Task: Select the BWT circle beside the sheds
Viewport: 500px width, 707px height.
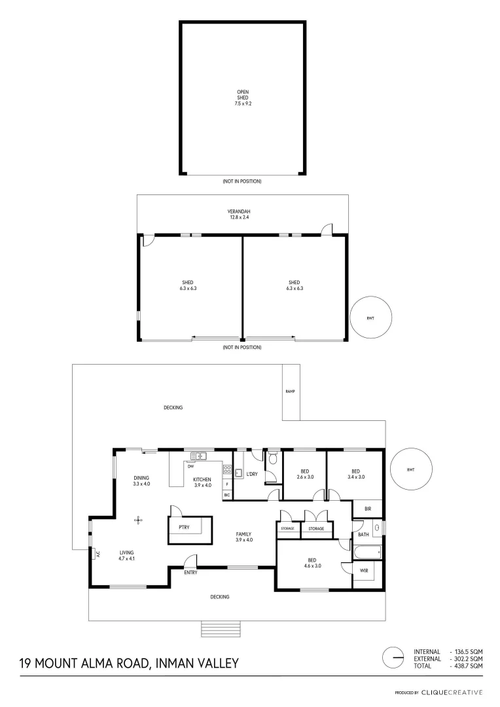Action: tap(371, 318)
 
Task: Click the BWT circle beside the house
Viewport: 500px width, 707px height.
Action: tap(411, 469)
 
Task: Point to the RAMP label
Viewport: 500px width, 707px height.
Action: tap(291, 391)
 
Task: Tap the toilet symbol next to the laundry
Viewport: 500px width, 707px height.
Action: tap(272, 456)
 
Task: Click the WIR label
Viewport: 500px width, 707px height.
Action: tap(364, 571)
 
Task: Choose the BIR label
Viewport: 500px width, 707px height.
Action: tap(368, 508)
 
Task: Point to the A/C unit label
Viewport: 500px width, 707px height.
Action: tap(97, 553)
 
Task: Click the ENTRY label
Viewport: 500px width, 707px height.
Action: tap(190, 573)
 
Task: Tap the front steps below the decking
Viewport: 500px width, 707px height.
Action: tap(221, 628)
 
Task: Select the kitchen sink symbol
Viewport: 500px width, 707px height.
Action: tap(198, 455)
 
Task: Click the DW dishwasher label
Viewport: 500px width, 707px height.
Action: tap(190, 467)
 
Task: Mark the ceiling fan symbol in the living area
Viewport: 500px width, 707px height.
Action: tap(138, 520)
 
